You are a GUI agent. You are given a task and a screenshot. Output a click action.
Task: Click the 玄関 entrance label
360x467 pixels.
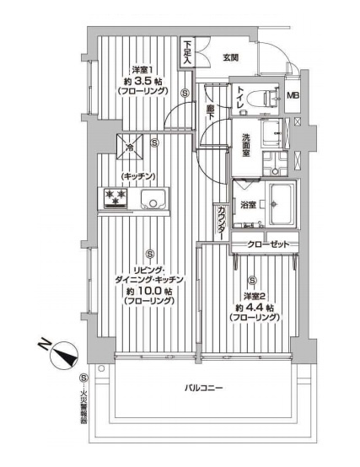click(x=230, y=57)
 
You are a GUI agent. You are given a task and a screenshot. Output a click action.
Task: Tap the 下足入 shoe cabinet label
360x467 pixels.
click(x=186, y=52)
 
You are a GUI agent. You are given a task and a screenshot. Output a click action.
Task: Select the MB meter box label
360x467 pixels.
click(x=293, y=95)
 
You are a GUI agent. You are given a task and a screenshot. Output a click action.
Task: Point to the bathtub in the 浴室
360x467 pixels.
click(x=282, y=204)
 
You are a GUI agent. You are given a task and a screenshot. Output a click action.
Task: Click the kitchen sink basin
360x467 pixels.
click(x=153, y=199)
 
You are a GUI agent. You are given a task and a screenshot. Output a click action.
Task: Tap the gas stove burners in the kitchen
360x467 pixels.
click(x=116, y=198)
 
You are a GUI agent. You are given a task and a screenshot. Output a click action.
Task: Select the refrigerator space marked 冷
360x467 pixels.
click(x=130, y=147)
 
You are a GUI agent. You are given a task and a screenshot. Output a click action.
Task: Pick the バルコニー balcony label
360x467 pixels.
click(x=203, y=388)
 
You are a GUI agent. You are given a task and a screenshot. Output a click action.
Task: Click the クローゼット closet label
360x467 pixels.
click(x=268, y=244)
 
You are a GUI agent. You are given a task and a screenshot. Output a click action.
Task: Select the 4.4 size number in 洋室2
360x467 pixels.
click(x=255, y=308)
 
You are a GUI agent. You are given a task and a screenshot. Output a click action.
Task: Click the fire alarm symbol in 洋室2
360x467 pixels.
click(x=253, y=280)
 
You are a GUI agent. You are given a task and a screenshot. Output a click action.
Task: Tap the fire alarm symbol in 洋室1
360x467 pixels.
click(x=185, y=93)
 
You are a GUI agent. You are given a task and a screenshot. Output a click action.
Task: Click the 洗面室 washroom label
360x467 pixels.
click(x=246, y=146)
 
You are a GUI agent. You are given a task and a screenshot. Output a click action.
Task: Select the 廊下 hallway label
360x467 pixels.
click(x=211, y=111)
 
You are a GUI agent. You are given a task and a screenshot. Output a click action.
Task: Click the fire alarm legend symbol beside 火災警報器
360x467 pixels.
click(x=83, y=378)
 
